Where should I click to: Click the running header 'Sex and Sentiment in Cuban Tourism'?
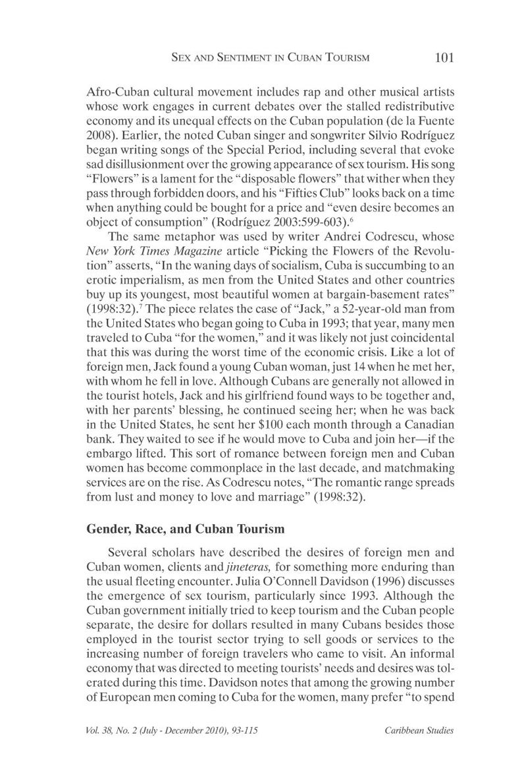(270, 58)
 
